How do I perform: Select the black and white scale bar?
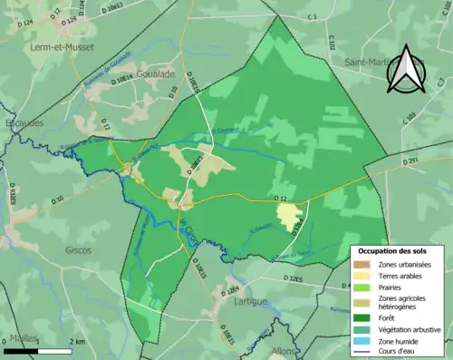coord(38,350)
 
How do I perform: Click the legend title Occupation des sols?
coord(398,250)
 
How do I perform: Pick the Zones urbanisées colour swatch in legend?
coord(362,264)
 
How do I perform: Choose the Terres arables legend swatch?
coord(362,277)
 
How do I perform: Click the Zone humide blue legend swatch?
coord(362,341)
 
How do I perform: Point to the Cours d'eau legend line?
coord(362,353)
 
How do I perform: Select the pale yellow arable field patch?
coord(288,215)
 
